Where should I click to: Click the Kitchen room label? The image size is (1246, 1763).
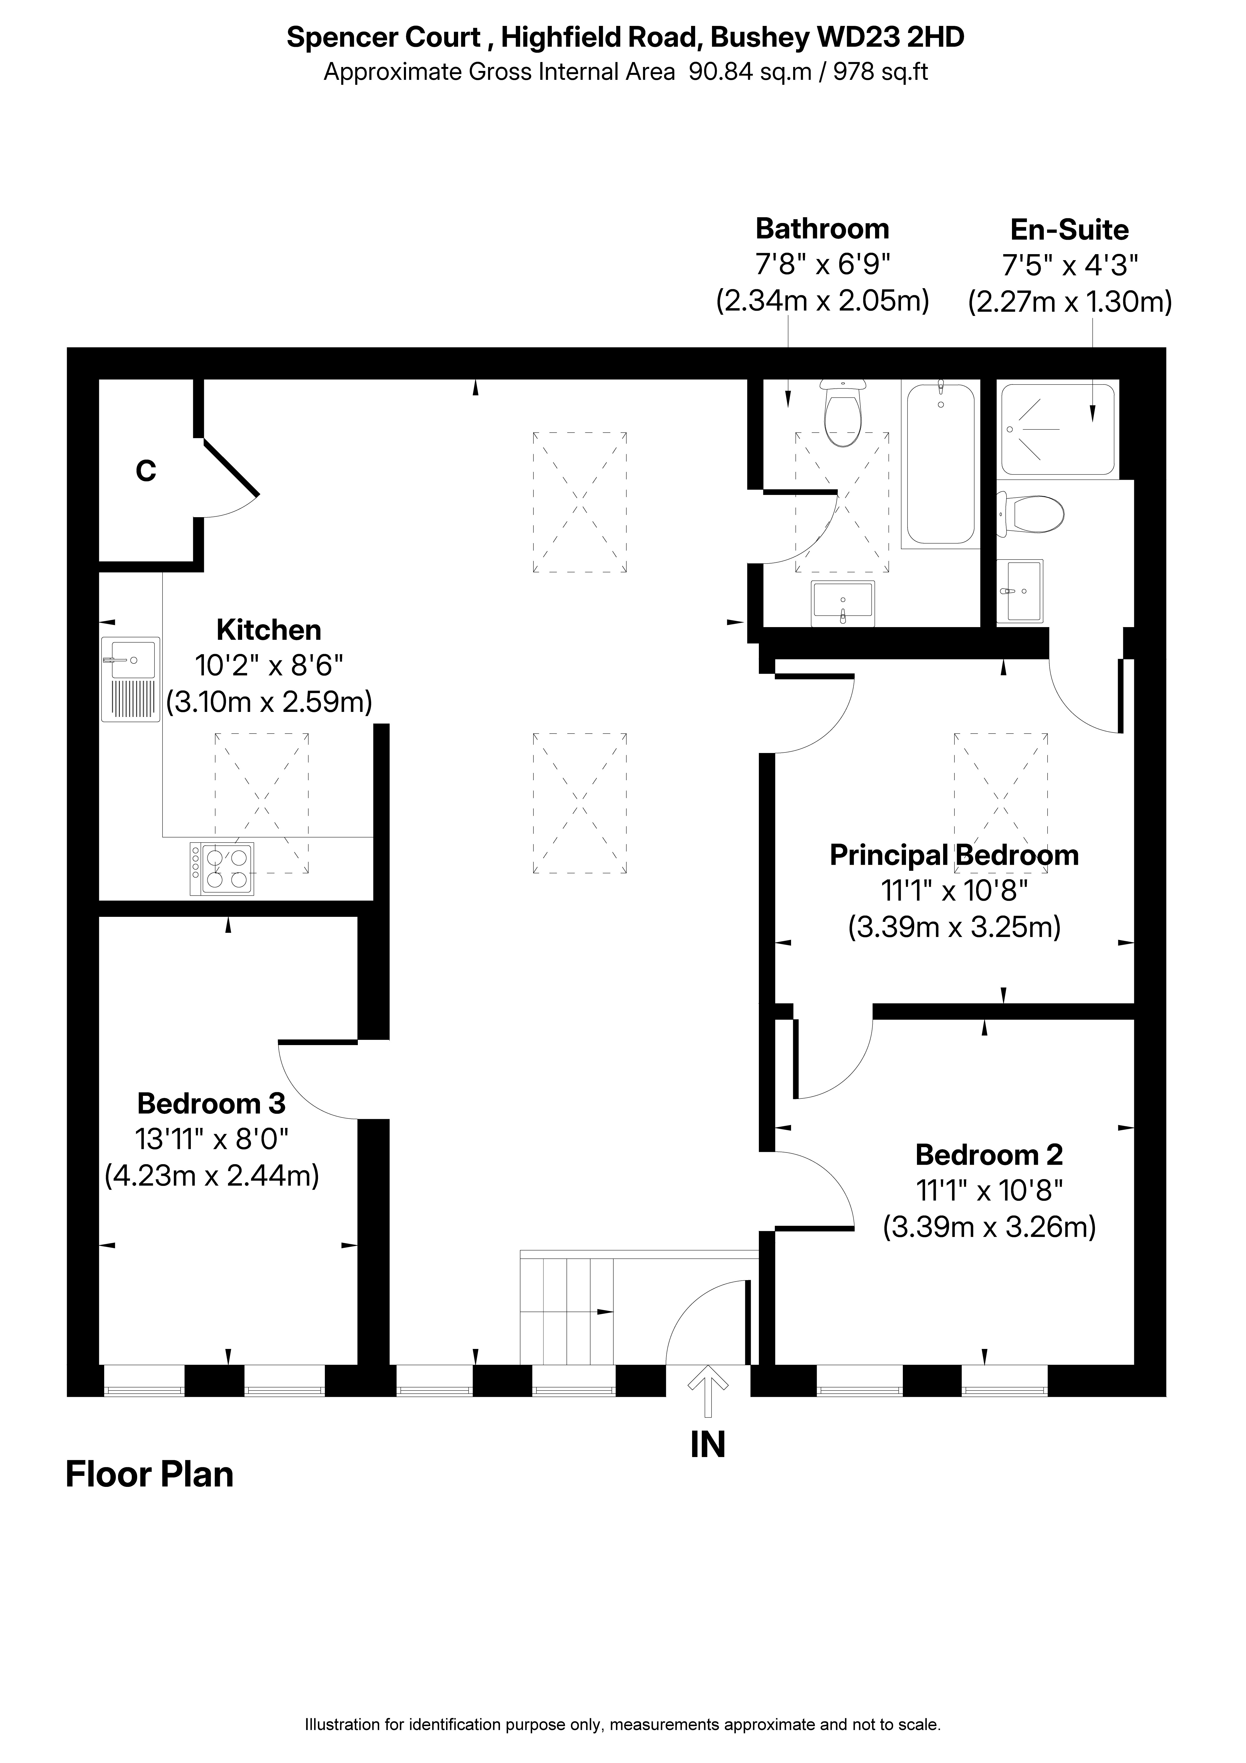(269, 631)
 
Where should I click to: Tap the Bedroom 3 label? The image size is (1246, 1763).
(211, 1103)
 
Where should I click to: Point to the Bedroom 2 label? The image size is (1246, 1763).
(989, 1155)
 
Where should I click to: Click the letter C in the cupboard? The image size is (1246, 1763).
(146, 471)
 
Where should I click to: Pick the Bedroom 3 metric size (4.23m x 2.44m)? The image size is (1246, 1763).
(211, 1176)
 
